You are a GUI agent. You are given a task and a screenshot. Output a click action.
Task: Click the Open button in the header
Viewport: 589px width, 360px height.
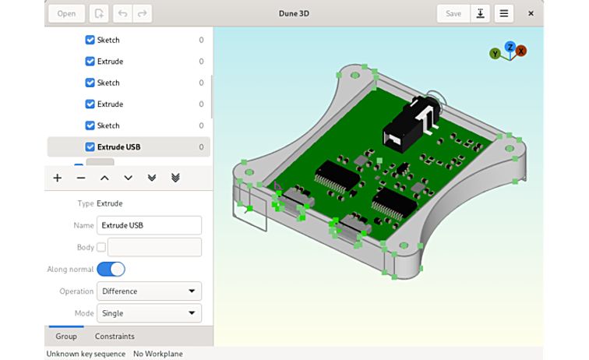[x=66, y=13]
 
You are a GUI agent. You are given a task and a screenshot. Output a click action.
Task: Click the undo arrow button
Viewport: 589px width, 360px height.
[x=122, y=13]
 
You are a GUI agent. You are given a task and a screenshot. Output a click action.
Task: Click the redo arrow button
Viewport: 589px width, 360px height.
[x=142, y=13]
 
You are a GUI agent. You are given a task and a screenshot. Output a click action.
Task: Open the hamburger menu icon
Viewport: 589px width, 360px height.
[x=504, y=13]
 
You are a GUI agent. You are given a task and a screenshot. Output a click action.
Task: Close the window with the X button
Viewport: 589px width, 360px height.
[x=531, y=13]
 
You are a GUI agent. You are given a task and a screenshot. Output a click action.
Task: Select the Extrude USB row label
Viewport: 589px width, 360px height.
[x=118, y=146]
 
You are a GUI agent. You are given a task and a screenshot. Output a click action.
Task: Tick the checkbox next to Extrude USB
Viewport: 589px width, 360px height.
[x=90, y=146]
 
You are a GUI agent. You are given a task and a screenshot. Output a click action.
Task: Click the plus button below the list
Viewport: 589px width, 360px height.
[x=58, y=178]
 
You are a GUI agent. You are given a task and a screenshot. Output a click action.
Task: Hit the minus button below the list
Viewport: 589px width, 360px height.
[x=81, y=178]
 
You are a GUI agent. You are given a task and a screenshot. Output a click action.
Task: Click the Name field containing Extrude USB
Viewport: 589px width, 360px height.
[x=149, y=225]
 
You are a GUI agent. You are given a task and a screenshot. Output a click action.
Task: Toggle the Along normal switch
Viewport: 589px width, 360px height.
[x=111, y=270]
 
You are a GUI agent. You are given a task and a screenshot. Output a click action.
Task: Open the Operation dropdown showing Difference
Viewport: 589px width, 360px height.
[x=149, y=291]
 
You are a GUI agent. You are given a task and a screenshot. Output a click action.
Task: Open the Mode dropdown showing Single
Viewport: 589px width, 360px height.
[x=149, y=313]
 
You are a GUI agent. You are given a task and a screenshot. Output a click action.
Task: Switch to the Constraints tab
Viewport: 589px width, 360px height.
[x=115, y=337]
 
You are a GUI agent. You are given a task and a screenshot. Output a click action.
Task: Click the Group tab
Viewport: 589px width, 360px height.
[x=66, y=337]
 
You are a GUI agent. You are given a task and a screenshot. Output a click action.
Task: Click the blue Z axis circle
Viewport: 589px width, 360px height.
[x=510, y=47]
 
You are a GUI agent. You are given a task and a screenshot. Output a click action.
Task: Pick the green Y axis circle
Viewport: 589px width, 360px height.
[x=495, y=54]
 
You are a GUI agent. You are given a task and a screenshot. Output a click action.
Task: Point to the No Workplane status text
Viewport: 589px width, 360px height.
[x=158, y=354]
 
